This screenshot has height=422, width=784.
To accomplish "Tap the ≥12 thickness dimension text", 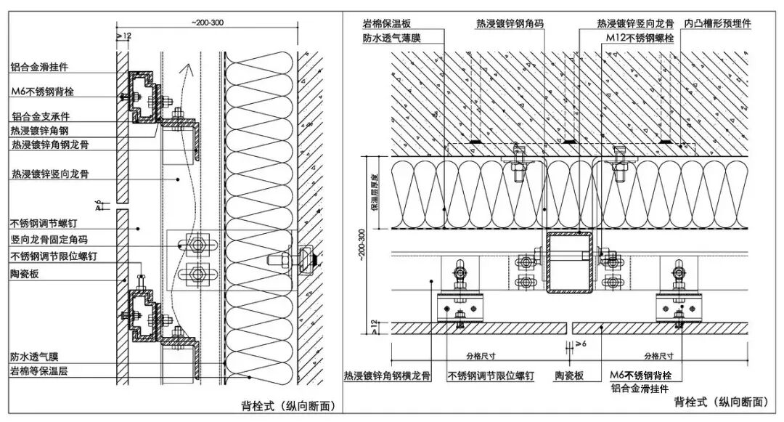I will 123,35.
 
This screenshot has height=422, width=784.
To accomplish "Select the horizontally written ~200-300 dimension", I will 208,23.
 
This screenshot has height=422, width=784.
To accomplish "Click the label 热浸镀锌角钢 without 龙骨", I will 39,131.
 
